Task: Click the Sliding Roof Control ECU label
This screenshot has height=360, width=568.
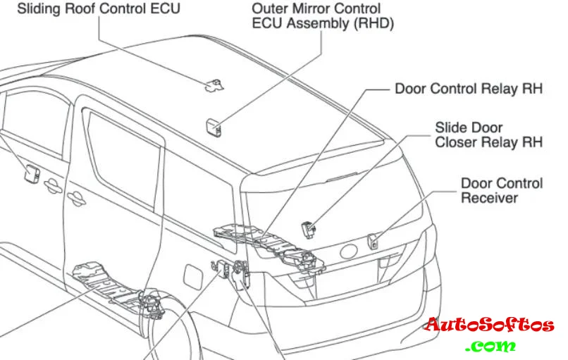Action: tap(98, 9)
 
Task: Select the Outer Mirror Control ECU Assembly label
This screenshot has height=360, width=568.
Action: tap(323, 16)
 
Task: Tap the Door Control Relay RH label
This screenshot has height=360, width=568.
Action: tap(469, 89)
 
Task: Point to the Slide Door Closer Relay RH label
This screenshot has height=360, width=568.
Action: tap(488, 135)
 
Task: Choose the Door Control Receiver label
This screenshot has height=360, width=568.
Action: tap(502, 190)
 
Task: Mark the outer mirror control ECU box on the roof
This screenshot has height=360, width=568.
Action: tap(213, 126)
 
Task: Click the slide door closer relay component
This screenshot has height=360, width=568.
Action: tap(309, 228)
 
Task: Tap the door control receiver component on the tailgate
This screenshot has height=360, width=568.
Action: tap(374, 240)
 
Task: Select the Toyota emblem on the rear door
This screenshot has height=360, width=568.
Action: tap(349, 252)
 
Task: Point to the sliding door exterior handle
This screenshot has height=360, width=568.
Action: tap(51, 185)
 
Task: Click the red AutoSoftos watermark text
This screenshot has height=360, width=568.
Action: tap(489, 326)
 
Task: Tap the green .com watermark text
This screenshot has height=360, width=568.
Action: tap(490, 346)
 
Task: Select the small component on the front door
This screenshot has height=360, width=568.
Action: tap(32, 171)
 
